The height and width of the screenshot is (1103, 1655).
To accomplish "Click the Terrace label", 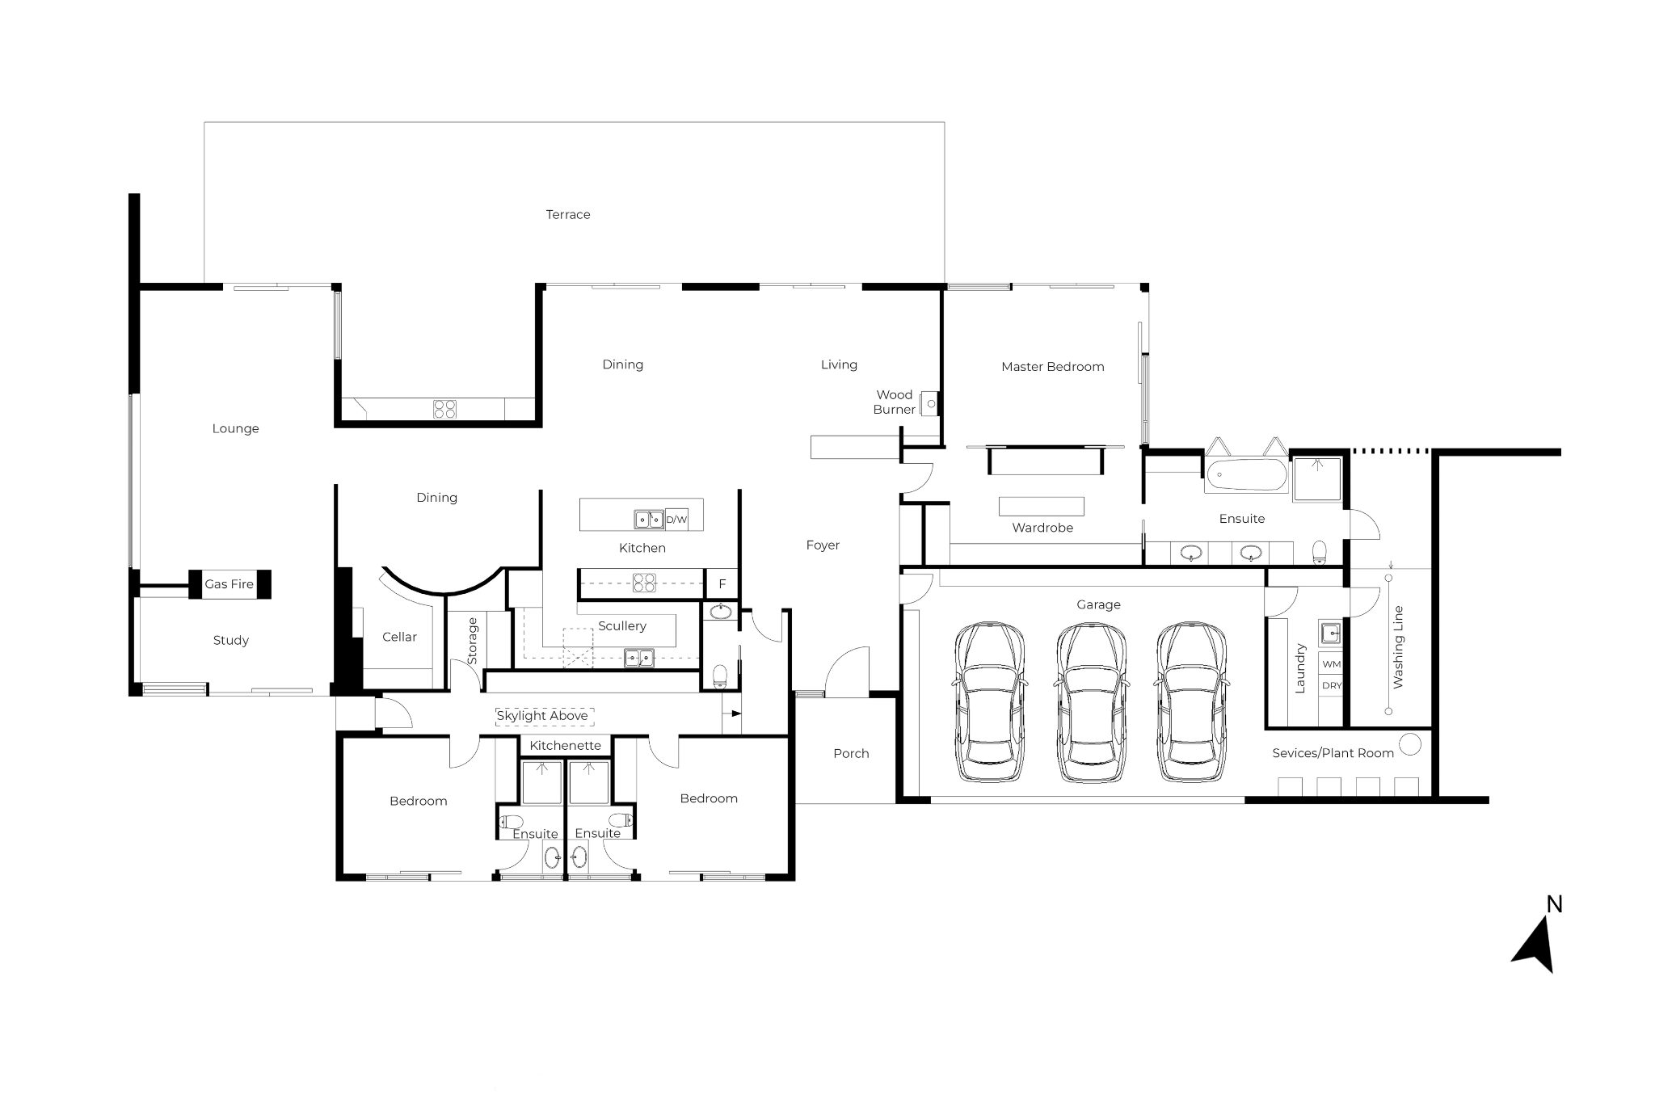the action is coord(568,214).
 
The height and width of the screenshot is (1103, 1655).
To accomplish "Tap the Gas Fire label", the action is coord(229,584).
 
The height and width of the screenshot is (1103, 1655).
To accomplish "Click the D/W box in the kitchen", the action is coord(676,520).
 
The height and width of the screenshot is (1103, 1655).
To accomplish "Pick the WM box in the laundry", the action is coord(1331,664).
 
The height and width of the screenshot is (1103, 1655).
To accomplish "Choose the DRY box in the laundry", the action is coord(1331,685).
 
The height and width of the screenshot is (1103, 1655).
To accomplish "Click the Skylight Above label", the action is coord(542,716).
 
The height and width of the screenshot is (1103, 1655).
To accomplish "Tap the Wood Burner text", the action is coord(895,402).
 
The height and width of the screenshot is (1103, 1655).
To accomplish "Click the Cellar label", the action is coord(399,637).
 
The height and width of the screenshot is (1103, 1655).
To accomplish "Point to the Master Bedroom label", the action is coord(1052,367).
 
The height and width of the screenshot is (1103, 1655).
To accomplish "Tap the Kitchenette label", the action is coord(566,745).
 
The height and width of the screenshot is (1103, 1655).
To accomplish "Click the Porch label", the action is coord(851,753).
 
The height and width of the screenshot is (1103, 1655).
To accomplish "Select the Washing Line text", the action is coord(1398,646).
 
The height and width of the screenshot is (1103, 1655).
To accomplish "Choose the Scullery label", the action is coord(622,626).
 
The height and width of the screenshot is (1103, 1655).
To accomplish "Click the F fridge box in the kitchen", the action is coord(722,583).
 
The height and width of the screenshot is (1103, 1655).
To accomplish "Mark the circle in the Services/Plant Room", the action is coord(1409,743).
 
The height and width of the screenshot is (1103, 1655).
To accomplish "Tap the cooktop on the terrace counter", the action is coord(444,409).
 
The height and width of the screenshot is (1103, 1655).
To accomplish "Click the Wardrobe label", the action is coord(1042,528).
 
